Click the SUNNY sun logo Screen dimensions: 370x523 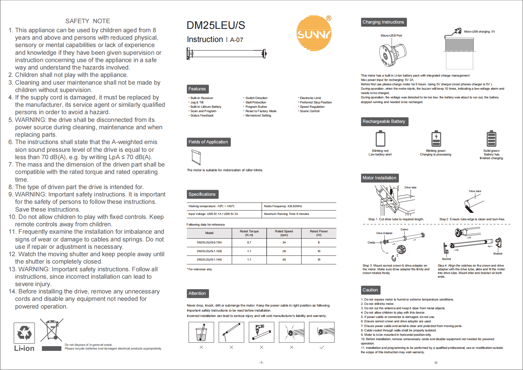click(314, 33)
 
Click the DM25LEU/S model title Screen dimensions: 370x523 click(216, 26)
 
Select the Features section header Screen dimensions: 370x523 click(197, 89)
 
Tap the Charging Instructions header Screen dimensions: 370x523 click(383, 22)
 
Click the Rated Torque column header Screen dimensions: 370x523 click(249, 233)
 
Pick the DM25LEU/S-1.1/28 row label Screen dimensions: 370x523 click(209, 251)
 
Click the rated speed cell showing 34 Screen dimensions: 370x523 click(284, 242)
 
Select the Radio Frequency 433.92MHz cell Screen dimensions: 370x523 click(283, 206)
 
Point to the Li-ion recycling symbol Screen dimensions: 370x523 click(24, 333)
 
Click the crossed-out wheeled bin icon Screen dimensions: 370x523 click(52, 330)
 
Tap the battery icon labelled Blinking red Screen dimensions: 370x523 click(380, 139)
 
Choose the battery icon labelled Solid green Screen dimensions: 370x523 click(491, 139)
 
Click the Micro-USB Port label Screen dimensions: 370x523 click(391, 36)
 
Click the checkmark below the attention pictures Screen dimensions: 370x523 click(322, 347)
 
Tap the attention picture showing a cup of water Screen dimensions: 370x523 click(201, 332)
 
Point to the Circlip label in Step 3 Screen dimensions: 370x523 click(371, 242)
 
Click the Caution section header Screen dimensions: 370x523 click(370, 290)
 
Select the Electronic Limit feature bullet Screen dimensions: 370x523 click(310, 98)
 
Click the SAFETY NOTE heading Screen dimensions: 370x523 click(88, 21)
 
